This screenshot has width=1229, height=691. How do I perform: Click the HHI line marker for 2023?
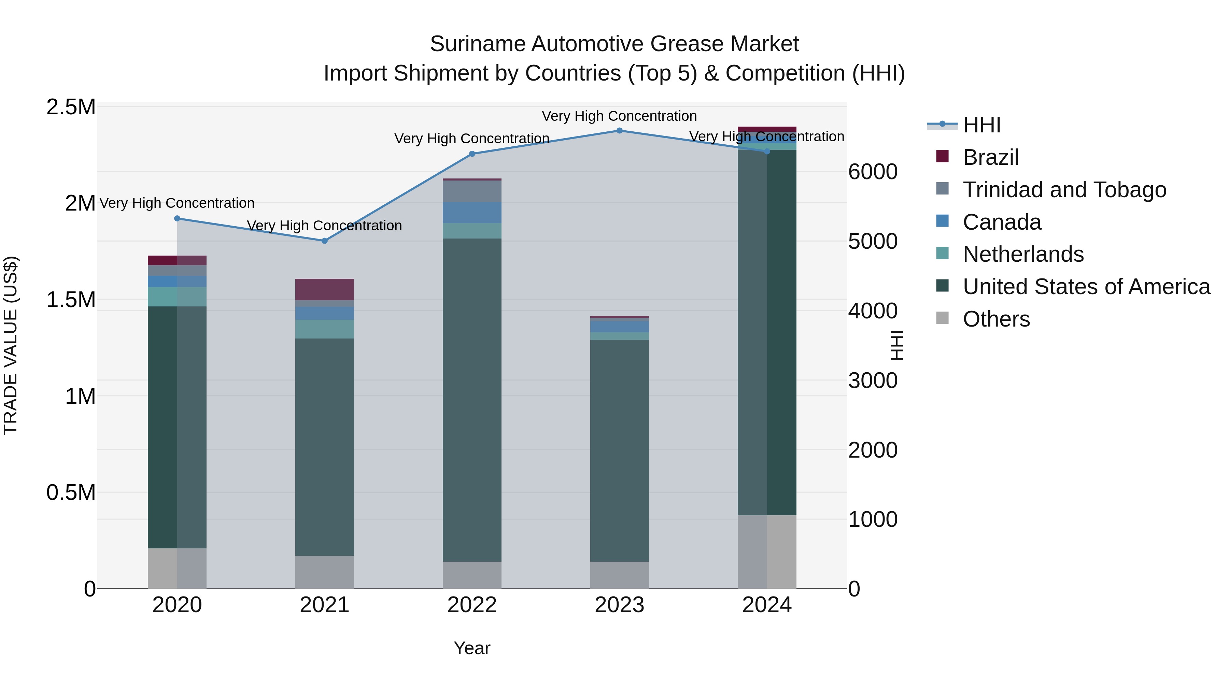pyautogui.click(x=619, y=131)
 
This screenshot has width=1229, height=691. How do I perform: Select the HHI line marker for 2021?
pyautogui.click(x=324, y=241)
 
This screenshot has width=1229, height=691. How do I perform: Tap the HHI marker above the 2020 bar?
pyautogui.click(x=177, y=218)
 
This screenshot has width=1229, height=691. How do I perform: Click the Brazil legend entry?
pyautogui.click(x=990, y=157)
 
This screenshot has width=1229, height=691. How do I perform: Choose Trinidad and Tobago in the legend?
pyautogui.click(x=1064, y=190)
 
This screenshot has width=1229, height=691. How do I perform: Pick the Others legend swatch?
pyautogui.click(x=942, y=318)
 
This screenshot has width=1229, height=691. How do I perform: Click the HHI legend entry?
pyautogui.click(x=981, y=125)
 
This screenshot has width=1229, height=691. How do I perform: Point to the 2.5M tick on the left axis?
pyautogui.click(x=71, y=107)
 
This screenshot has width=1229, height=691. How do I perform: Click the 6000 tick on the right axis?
pyautogui.click(x=873, y=172)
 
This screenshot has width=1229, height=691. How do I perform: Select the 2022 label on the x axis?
pyautogui.click(x=472, y=605)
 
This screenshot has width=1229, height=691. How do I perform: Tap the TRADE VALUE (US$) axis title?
pyautogui.click(x=11, y=345)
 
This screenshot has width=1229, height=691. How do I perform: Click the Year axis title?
pyautogui.click(x=472, y=648)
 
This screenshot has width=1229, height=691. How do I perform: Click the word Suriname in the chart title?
pyautogui.click(x=477, y=44)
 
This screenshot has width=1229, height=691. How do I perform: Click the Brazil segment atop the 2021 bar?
pyautogui.click(x=324, y=289)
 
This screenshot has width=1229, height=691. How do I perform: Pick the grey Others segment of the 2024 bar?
pyautogui.click(x=767, y=552)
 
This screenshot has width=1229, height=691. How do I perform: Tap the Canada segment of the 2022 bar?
pyautogui.click(x=472, y=213)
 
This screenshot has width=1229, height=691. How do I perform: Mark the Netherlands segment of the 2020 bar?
pyautogui.click(x=177, y=297)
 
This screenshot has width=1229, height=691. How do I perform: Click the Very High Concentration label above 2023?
pyautogui.click(x=619, y=116)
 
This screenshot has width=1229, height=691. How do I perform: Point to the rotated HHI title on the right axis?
pyautogui.click(x=897, y=345)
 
